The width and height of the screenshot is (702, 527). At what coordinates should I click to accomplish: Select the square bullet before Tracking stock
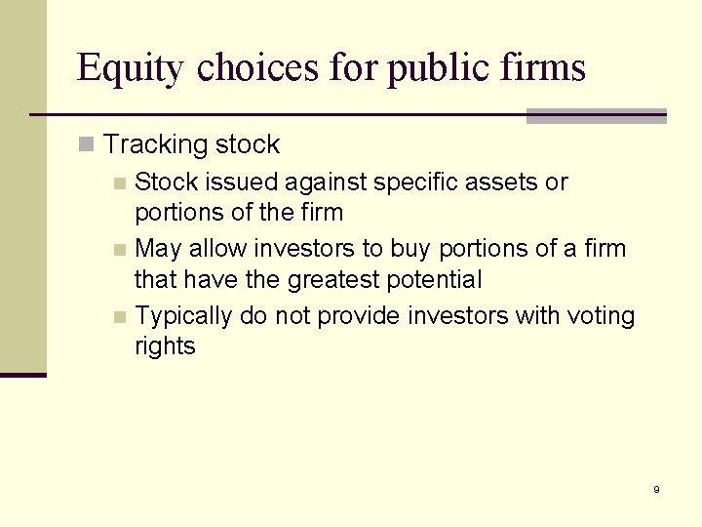point(87,145)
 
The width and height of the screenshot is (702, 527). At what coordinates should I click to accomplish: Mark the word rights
point(165,346)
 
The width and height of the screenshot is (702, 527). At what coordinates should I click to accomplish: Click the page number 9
point(656,489)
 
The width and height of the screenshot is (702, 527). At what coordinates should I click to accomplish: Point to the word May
point(158,249)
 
